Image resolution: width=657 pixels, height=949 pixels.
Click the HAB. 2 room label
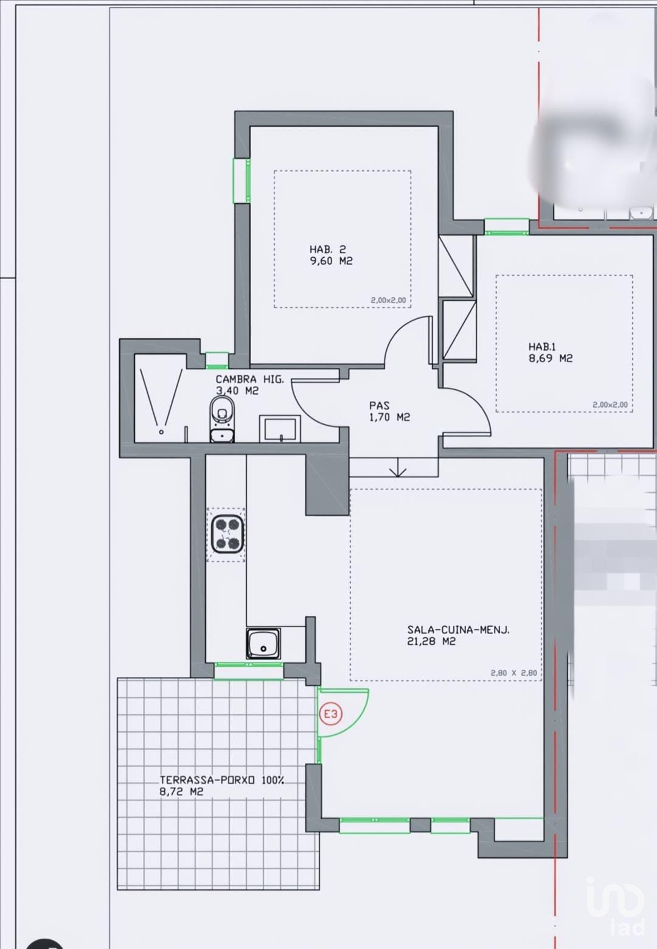point(327,249)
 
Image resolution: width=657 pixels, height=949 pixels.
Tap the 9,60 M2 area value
point(332,261)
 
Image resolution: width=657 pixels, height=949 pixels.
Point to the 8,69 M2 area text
point(551,358)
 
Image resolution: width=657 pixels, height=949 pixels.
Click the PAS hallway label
point(379,405)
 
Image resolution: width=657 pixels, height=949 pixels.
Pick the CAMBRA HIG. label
point(249,379)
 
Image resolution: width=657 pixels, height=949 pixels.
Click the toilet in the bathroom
point(221,419)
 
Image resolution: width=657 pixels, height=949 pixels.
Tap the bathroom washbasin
point(280,428)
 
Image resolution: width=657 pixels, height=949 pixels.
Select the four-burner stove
point(227,535)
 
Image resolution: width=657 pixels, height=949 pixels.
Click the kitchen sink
point(263,644)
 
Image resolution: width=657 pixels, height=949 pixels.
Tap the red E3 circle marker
point(330,714)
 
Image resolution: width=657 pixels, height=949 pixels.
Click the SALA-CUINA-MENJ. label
point(458,630)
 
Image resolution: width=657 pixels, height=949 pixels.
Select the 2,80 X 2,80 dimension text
point(514,673)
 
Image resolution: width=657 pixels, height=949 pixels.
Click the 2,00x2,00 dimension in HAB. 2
point(389,301)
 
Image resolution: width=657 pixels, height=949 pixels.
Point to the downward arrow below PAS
point(398,467)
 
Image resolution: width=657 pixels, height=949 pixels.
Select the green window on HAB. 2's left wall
point(242,181)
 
